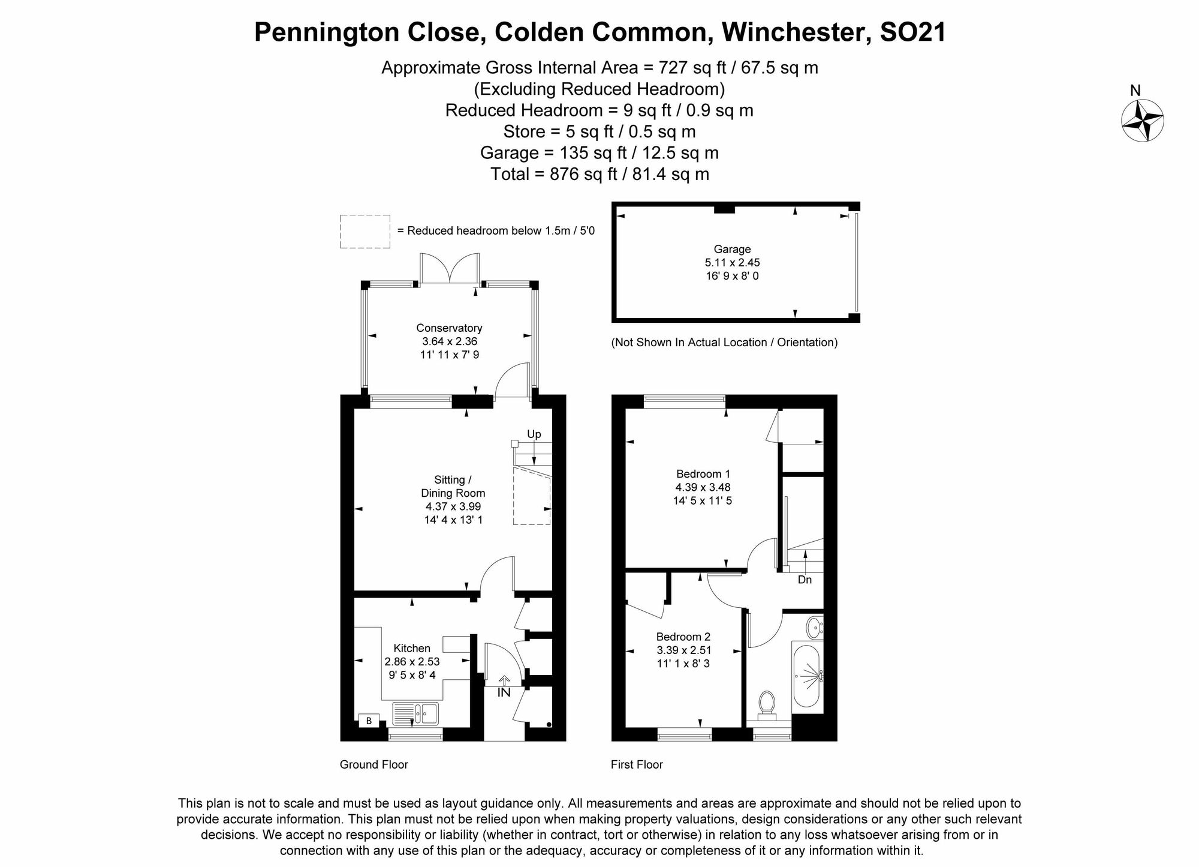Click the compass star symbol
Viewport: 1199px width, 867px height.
pyautogui.click(x=1142, y=120)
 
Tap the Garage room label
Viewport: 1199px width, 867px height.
pyautogui.click(x=732, y=249)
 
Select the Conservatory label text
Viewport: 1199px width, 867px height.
pyautogui.click(x=449, y=328)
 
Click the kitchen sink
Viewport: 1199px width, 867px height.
pyautogui.click(x=415, y=713)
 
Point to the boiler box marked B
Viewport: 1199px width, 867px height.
pyautogui.click(x=369, y=721)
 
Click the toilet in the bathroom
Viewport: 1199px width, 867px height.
pyautogui.click(x=767, y=705)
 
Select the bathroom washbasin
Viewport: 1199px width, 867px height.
pyautogui.click(x=814, y=628)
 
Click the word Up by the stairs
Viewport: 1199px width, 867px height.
pyautogui.click(x=534, y=434)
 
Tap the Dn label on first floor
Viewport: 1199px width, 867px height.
pyautogui.click(x=805, y=580)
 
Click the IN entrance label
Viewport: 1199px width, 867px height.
pyautogui.click(x=504, y=692)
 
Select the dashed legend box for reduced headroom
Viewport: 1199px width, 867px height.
pyautogui.click(x=365, y=231)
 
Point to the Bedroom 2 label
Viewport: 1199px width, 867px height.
pyautogui.click(x=683, y=637)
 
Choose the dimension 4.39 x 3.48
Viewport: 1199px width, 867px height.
pyautogui.click(x=703, y=487)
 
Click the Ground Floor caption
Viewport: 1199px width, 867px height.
pyautogui.click(x=373, y=764)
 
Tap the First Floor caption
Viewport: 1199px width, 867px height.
pyautogui.click(x=637, y=764)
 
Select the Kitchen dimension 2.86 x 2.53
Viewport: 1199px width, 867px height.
pyautogui.click(x=412, y=662)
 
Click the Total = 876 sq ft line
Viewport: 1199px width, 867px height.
pyautogui.click(x=599, y=174)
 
